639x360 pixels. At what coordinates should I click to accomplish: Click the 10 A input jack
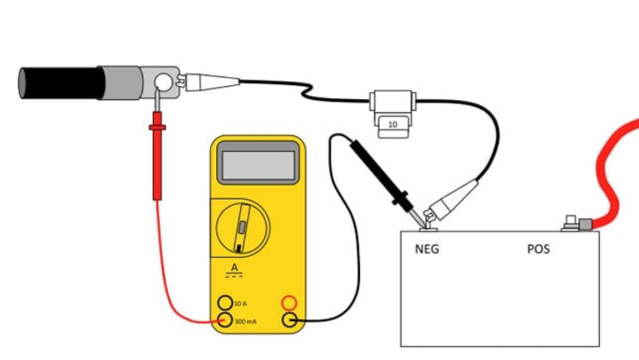point(225,303)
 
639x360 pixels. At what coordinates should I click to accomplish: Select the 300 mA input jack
point(225,320)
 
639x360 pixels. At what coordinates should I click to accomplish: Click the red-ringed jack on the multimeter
point(290,303)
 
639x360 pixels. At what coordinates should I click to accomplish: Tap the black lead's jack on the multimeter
point(290,320)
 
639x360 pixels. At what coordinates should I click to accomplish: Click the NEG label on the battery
point(427,249)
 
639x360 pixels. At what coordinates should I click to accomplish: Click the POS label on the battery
point(538,249)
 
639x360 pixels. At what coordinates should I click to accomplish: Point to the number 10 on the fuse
point(393,123)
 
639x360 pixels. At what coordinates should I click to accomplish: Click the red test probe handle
point(157,163)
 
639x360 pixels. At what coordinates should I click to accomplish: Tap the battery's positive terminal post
point(570,222)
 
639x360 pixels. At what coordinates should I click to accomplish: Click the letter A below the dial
point(235,267)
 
